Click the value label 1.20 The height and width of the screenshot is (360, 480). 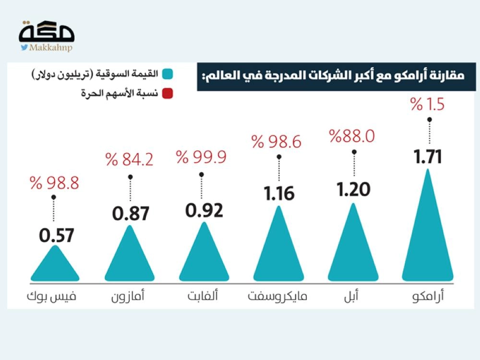coord(354,190)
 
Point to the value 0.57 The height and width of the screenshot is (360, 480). coord(56,236)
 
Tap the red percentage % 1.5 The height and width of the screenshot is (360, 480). coord(428,105)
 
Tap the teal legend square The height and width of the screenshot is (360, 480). coord(168,75)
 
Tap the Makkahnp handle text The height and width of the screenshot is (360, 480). coord(50,48)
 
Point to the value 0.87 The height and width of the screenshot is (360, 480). coord(131,213)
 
